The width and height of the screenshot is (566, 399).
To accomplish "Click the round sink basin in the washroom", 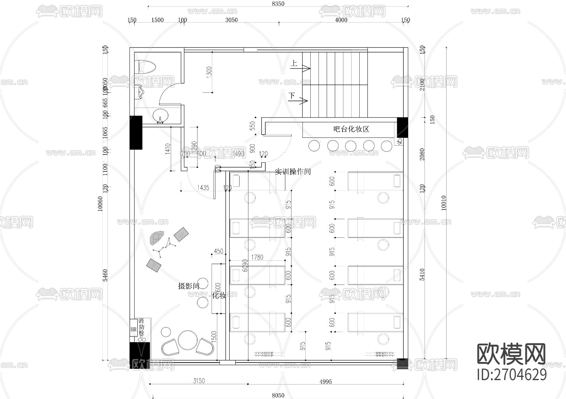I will pos(161,115).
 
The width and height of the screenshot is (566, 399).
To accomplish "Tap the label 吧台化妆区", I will pos(351,129).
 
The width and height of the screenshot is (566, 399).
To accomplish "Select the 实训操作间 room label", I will pos(293,172).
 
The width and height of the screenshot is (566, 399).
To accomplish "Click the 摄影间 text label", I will pos(189,286).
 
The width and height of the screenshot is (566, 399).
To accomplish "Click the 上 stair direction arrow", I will pos(300,67).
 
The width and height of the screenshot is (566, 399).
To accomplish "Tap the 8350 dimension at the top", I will pos(278,4).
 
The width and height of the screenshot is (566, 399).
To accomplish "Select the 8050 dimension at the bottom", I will pos(278,396).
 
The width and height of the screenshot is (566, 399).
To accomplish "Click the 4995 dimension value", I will pos(325,382).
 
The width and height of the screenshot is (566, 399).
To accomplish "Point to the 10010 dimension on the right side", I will pos(444,203).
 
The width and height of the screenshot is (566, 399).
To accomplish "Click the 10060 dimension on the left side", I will pos(100,204).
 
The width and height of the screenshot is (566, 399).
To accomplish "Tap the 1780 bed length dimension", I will pos(257,257).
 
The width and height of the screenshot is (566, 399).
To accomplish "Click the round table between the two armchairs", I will pos(188,340).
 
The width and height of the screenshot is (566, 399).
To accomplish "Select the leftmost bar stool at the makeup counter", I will pos(314,146).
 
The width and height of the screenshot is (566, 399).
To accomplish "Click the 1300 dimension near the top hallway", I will pos(209,72).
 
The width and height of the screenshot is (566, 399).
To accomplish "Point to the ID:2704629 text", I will pos(512,374).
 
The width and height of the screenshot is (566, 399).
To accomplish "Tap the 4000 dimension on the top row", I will pos(341,20).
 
